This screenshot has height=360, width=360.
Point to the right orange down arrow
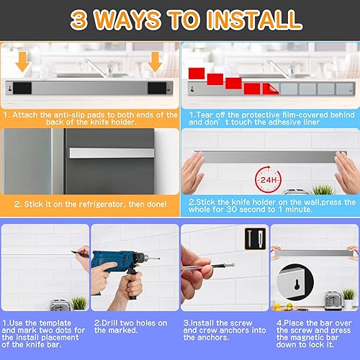coord(155,66)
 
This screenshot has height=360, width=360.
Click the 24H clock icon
coord(267,176)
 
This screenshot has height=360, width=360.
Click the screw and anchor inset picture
coord(253,235)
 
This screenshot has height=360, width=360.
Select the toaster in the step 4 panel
coord(332,299)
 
